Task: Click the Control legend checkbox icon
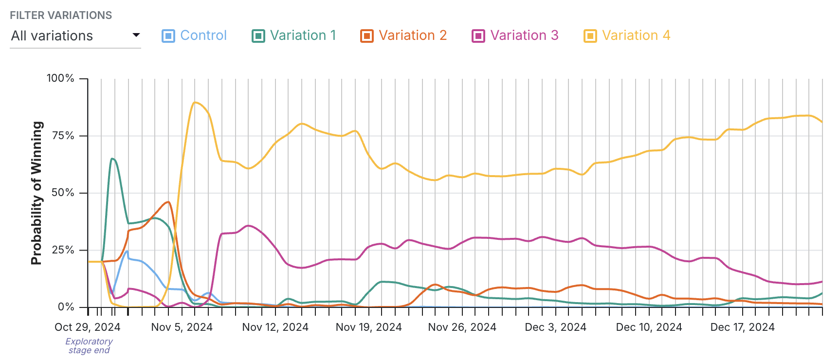point(168,36)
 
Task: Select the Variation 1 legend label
point(303,36)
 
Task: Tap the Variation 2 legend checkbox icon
point(366,36)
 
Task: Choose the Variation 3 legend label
point(524,36)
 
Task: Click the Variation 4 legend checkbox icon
point(590,36)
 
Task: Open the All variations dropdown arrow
point(136,35)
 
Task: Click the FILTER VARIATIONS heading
point(61,15)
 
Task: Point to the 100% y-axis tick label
point(60,78)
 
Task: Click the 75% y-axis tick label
point(63,136)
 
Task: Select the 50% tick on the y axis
point(63,193)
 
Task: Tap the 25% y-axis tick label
point(63,250)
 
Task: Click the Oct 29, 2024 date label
point(88,327)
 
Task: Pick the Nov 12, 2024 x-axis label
point(275,327)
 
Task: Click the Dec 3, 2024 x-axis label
point(555,327)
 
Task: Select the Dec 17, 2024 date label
point(742,327)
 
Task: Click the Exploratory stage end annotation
point(89,346)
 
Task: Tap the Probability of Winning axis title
point(37,193)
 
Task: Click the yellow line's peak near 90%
point(195,102)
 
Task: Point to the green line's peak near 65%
point(112,159)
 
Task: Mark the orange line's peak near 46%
point(168,202)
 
